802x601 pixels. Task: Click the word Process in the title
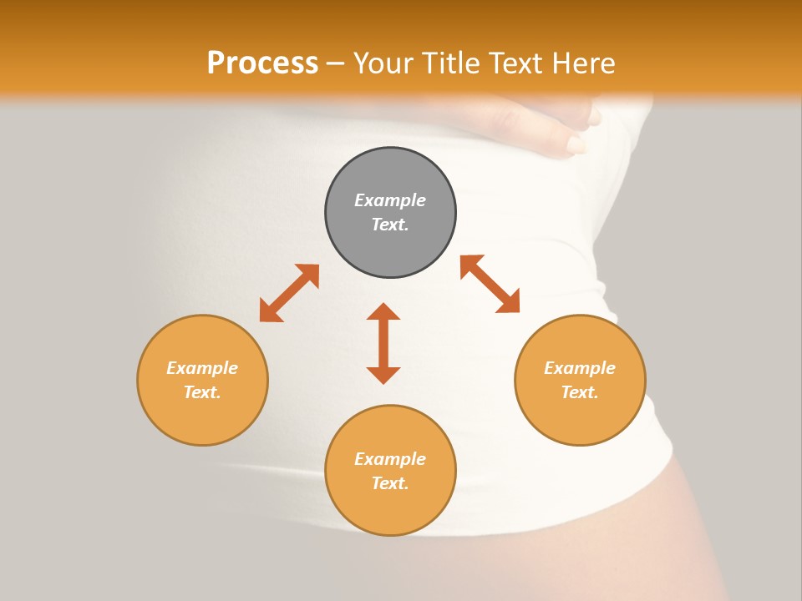click(x=262, y=63)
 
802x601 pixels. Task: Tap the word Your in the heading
click(x=385, y=63)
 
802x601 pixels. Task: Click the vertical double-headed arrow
click(x=383, y=343)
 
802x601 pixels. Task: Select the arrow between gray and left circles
click(x=289, y=293)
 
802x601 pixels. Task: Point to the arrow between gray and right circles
click(x=490, y=284)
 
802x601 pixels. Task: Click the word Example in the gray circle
click(x=390, y=200)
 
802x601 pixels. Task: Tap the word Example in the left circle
click(x=202, y=368)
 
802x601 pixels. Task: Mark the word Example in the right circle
click(x=580, y=368)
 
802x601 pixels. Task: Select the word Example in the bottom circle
click(x=390, y=459)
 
